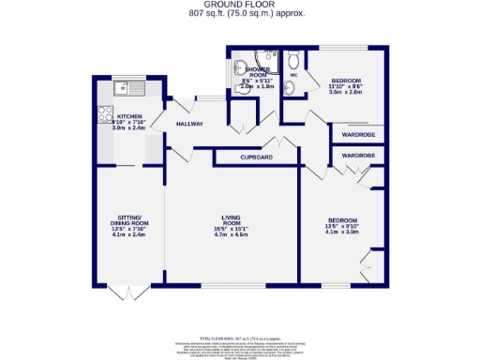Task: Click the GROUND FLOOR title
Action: (240, 5)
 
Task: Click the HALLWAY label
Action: (192, 124)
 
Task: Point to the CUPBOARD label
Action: (256, 157)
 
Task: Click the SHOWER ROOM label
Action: (258, 73)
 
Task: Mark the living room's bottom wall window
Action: (231, 283)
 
